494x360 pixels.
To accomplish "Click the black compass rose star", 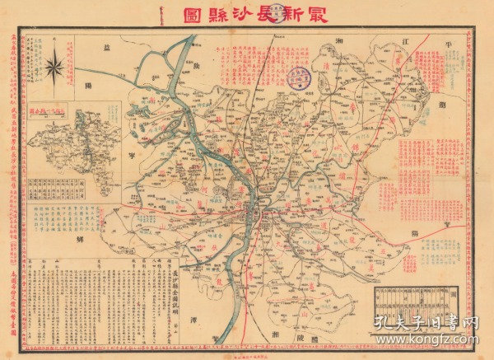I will point(55,67).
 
